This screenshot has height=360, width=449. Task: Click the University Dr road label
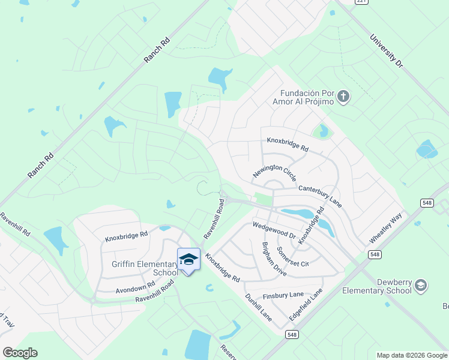coord(386,50)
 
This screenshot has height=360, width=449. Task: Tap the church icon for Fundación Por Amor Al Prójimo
coord(343,97)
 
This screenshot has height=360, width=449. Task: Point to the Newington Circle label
coord(274,171)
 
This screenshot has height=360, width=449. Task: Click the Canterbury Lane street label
coord(320,196)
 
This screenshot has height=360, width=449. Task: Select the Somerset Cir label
coord(292,256)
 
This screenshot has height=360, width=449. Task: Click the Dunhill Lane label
coord(258,307)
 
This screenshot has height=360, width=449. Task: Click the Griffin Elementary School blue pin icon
coord(188,259)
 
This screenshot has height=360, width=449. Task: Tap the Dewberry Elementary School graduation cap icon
coord(421,286)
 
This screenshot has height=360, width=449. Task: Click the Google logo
coord(20,353)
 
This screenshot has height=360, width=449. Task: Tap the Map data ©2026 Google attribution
coord(412,355)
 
